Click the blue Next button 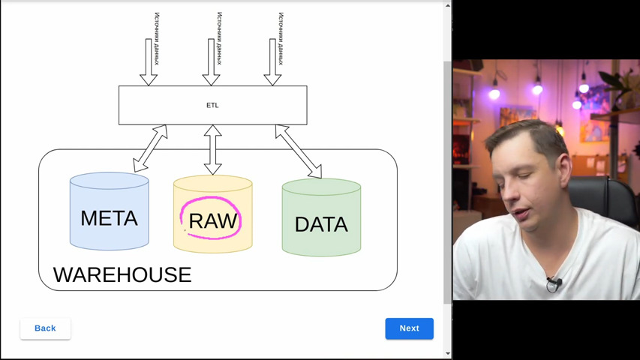409,328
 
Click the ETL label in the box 212,105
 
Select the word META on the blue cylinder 109,218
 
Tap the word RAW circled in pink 212,220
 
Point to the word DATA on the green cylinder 321,224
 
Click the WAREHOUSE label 122,274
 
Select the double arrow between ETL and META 150,148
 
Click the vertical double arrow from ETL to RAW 212,150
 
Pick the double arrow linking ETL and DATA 299,151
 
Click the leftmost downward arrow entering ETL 149,62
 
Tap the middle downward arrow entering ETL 211,62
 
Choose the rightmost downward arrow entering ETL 272,62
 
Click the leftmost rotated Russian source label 157,39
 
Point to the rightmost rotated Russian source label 281,39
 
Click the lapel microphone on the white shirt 554,283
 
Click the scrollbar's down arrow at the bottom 448,353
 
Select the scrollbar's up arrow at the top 448,6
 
